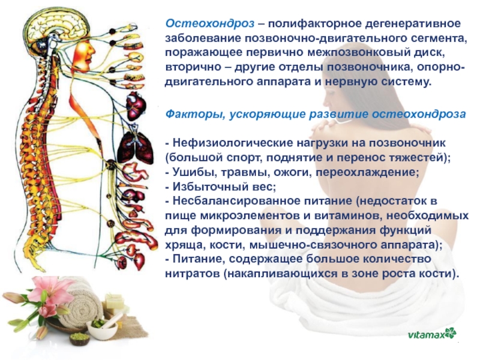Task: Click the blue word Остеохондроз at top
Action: point(210,23)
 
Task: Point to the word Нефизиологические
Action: point(233,143)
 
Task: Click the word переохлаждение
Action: point(367,172)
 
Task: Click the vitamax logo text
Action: point(426,335)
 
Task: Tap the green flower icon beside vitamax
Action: point(451,333)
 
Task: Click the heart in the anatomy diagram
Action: point(136,106)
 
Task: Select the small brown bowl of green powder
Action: point(80,338)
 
